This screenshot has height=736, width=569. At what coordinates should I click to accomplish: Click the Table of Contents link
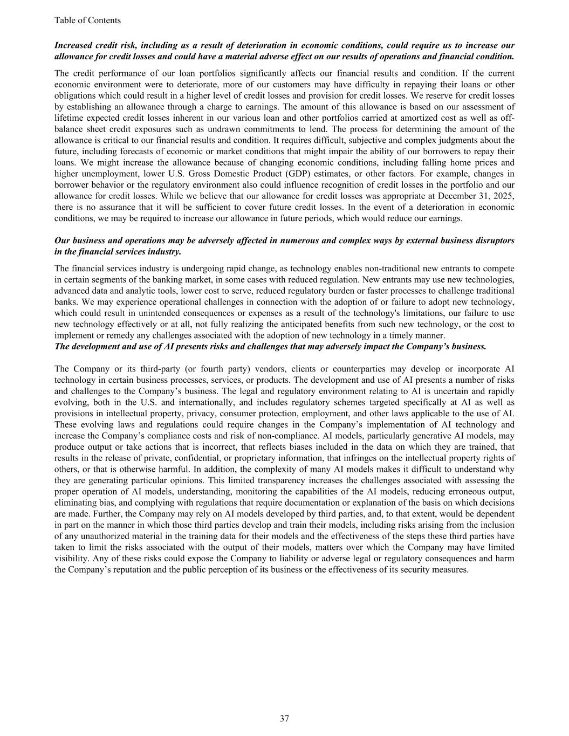87,20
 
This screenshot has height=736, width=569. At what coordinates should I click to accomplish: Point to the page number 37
284,718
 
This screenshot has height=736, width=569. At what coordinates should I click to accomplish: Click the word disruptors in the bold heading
495,240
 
